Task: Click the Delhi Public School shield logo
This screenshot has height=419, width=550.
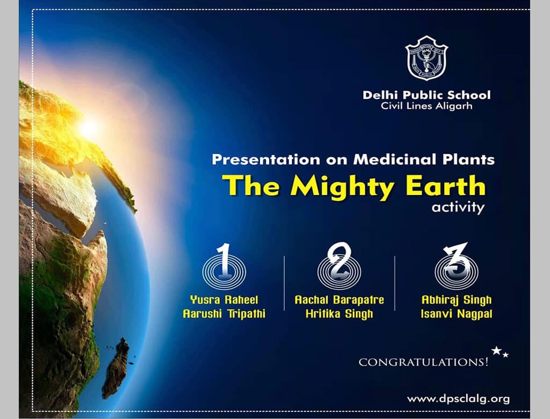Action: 426,58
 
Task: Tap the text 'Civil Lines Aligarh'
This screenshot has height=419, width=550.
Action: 426,106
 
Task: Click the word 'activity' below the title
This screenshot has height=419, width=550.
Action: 458,207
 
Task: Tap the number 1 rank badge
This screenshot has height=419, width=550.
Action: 224,266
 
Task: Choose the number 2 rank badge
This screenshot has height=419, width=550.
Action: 339,266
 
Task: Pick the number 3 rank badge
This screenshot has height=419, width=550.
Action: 457,266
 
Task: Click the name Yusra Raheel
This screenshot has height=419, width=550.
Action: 224,300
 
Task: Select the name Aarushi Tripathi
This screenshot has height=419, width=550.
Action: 224,314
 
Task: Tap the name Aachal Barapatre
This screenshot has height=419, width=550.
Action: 339,300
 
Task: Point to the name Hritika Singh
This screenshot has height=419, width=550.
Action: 339,314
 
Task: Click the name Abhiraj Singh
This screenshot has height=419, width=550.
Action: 457,300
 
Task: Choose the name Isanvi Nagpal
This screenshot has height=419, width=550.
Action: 457,314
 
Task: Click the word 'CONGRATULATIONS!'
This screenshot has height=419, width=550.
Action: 423,362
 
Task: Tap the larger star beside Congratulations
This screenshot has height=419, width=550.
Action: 496,350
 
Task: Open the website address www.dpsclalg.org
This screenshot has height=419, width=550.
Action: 459,399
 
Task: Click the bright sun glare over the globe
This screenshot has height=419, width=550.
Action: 88,128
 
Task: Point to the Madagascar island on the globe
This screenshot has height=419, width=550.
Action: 116,368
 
